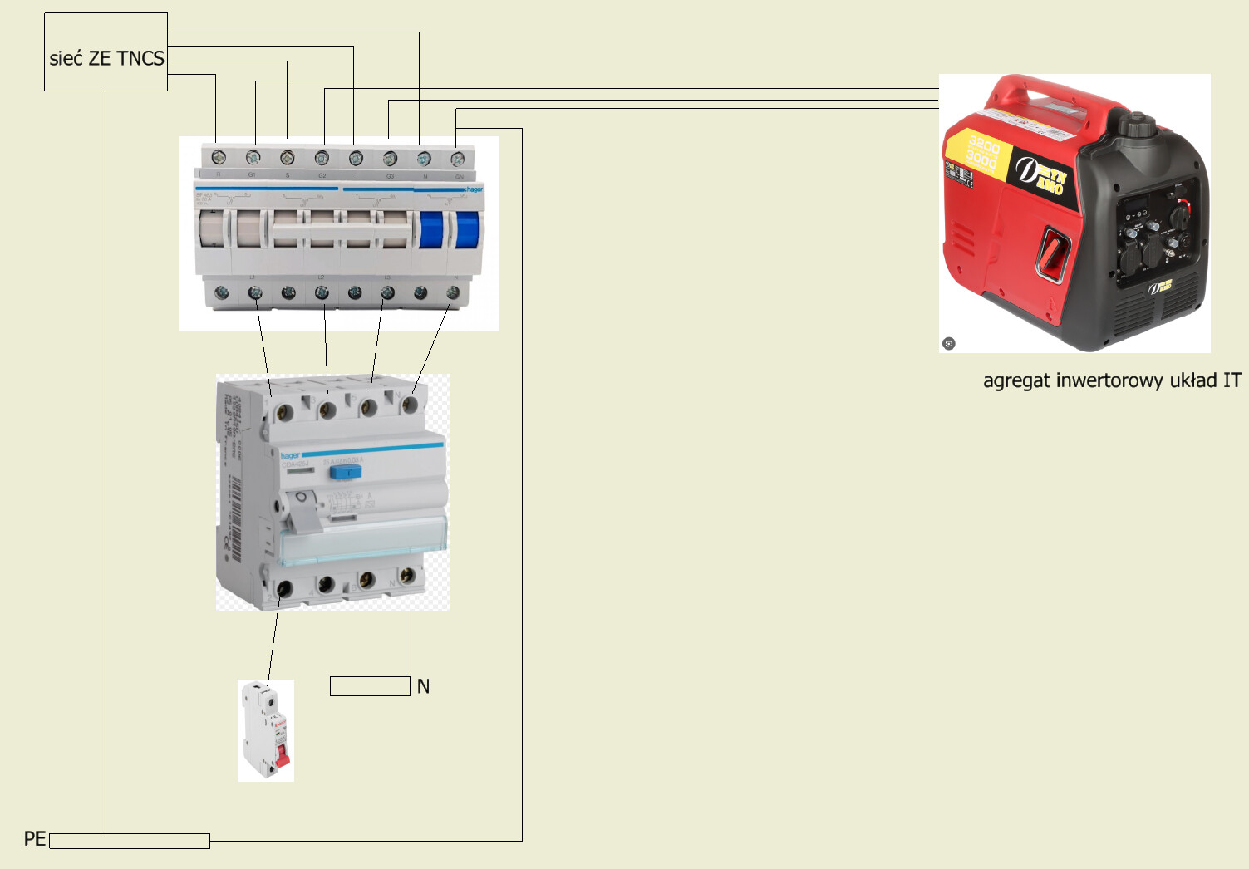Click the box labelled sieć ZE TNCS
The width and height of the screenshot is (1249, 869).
point(106,52)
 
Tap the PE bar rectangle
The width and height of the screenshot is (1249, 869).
point(129,841)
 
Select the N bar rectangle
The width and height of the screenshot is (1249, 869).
point(370,686)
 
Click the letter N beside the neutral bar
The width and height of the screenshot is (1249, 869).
point(424,686)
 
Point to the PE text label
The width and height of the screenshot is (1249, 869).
point(35,838)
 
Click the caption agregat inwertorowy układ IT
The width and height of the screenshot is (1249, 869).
point(1112,380)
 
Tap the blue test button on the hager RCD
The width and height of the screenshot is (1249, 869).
point(345,472)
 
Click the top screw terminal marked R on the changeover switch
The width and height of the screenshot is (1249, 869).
point(219,157)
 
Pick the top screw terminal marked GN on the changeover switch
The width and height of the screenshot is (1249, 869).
point(457,158)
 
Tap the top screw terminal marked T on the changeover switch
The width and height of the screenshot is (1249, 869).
point(356,158)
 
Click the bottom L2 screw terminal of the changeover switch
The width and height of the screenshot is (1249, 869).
point(322,292)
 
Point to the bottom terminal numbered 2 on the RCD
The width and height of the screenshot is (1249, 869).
point(284,588)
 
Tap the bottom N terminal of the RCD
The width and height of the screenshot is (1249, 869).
point(406,576)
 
